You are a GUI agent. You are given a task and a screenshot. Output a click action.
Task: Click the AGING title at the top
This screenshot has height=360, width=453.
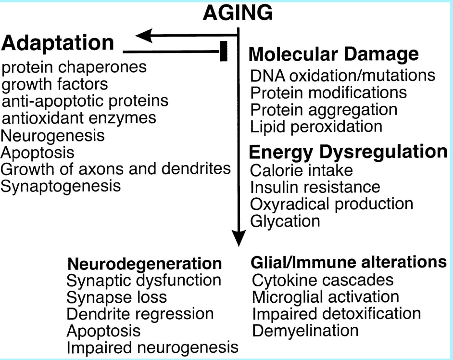(238, 13)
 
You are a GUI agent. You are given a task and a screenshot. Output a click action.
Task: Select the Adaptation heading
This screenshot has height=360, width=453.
(58, 44)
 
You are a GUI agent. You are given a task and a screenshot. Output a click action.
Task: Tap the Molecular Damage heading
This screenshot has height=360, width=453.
(333, 54)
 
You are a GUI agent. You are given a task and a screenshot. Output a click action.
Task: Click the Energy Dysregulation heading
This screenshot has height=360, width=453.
(348, 152)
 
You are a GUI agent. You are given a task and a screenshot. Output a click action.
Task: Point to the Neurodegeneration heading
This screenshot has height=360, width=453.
(145, 264)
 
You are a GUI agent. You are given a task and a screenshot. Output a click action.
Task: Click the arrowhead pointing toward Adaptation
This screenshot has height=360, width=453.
(145, 35)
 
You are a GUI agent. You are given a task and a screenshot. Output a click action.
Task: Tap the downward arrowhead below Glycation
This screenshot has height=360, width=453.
(239, 238)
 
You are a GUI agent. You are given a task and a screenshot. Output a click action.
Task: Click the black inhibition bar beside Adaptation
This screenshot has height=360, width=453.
(223, 51)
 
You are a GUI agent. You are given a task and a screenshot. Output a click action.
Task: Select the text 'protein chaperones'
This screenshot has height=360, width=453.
(74, 67)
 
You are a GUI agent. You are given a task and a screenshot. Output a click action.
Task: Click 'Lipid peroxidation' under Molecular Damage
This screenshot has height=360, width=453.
(316, 126)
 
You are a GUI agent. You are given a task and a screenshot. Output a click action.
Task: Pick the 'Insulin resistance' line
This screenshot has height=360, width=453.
(315, 186)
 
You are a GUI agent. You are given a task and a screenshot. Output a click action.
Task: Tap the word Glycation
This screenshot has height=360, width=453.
(285, 221)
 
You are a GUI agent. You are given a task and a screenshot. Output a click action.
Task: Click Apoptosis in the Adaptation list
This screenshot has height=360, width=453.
(38, 153)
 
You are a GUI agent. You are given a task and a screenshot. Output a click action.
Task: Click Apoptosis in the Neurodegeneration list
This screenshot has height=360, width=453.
(103, 331)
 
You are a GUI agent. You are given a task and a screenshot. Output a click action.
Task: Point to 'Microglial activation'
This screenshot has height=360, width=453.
(325, 296)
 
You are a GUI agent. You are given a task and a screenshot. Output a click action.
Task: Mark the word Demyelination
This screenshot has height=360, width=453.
(305, 331)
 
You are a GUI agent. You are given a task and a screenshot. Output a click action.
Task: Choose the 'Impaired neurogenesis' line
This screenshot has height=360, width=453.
(152, 347)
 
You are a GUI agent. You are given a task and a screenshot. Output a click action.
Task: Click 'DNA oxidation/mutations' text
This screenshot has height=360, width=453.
(342, 75)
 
